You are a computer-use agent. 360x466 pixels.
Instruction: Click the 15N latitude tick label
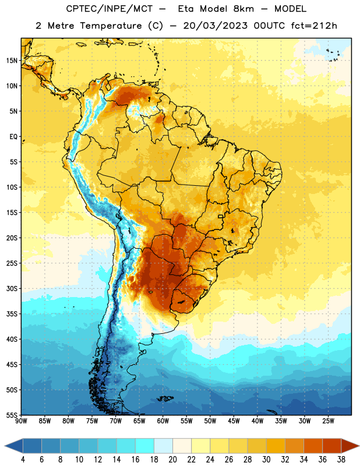tap(12, 61)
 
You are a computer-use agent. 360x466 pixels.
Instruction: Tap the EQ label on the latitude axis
tap(13, 137)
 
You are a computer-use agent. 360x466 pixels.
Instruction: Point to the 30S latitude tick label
tap(12, 288)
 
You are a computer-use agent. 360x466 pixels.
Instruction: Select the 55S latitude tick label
tap(12, 415)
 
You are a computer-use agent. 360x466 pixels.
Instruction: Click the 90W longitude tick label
tap(21, 421)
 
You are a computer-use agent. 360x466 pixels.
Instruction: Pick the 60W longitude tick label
tap(163, 421)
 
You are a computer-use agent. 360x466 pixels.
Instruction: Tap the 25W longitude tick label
tap(328, 421)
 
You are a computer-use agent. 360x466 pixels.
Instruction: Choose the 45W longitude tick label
tap(234, 421)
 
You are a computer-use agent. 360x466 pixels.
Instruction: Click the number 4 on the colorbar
tap(23, 460)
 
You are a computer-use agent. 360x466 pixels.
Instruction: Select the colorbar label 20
tap(172, 460)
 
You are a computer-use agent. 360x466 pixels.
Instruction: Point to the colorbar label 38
tap(341, 460)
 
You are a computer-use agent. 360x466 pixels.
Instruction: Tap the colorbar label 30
tap(266, 460)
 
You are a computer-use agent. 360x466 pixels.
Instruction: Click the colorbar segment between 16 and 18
tap(145, 446)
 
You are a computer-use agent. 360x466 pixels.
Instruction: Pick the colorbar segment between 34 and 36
tap(313, 446)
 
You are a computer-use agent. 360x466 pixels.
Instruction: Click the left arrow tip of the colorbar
tap(5, 446)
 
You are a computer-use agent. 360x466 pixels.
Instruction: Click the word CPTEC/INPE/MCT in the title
tap(110, 9)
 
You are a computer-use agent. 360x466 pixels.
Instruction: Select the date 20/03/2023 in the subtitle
tap(215, 26)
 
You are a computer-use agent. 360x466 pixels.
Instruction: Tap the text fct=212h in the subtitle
tap(314, 26)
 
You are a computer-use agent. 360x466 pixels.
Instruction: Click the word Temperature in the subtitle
tap(111, 26)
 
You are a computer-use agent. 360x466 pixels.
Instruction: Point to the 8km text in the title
tap(243, 9)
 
